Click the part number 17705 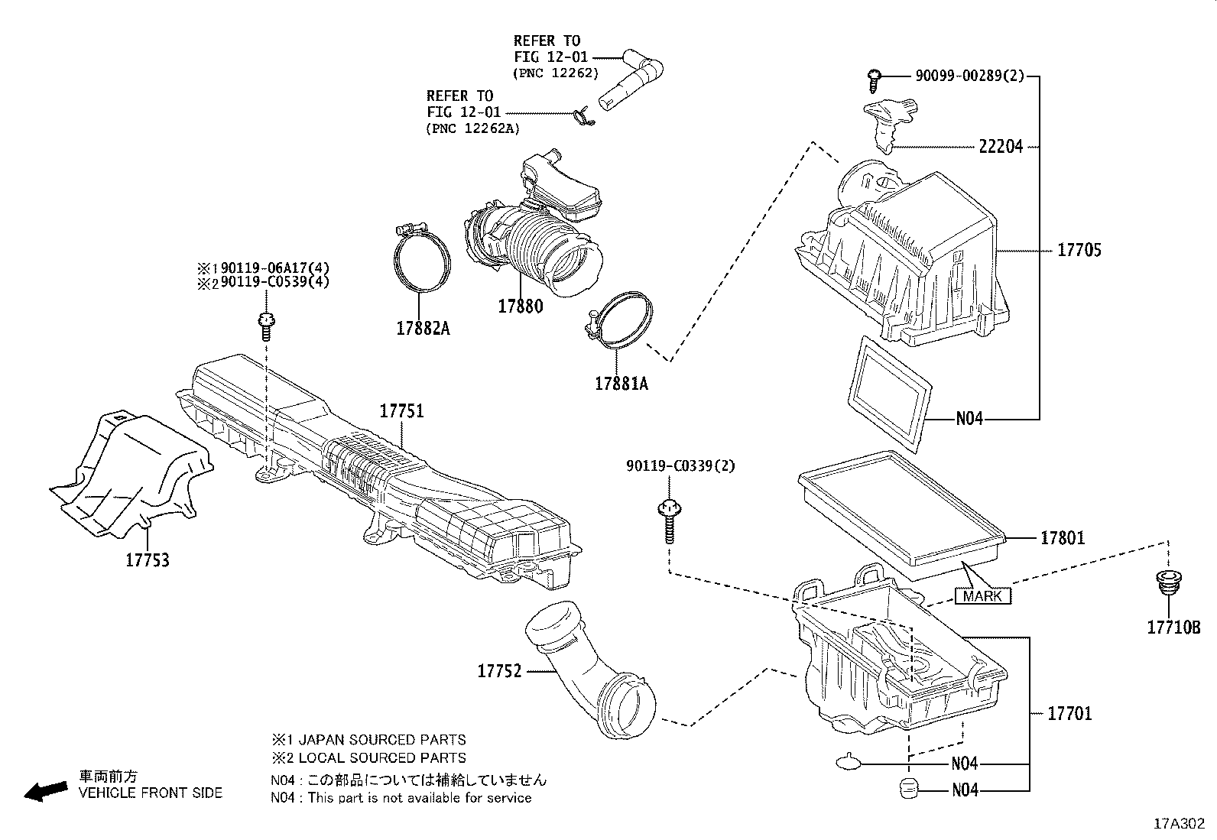1079,250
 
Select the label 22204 1000,147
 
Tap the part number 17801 1062,538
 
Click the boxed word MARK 982,595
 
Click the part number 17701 1069,713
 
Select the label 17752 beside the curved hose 499,671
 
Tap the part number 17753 148,560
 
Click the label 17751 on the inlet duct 401,411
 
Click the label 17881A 621,384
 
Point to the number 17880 520,306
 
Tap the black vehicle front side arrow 46,791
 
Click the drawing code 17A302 1179,824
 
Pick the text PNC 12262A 472,128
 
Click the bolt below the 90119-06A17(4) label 266,326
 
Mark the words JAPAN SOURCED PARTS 381,740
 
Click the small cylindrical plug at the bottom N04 907,788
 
